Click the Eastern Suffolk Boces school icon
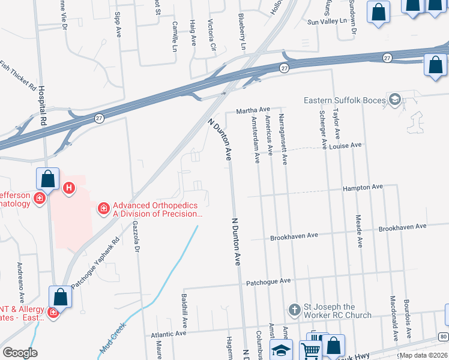coord(395,100)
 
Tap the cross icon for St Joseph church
coord(294,310)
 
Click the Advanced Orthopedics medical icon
coord(104,208)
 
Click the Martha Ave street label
coord(253,110)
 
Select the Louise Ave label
coord(348,145)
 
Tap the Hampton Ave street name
coord(363,187)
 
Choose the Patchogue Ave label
coord(268,281)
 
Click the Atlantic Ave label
coord(170,334)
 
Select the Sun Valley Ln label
coord(327,21)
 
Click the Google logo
coord(20,352)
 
